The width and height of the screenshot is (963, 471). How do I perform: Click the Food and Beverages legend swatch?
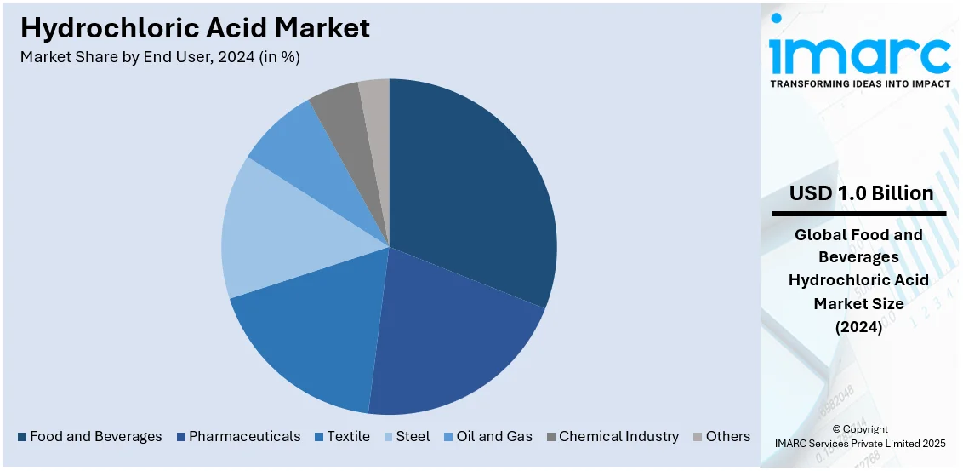(x=21, y=437)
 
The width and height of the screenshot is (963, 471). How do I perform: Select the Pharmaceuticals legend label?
(x=244, y=437)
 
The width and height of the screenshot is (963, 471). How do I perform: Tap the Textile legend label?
(x=348, y=437)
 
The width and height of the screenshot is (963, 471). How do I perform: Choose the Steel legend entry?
(x=413, y=437)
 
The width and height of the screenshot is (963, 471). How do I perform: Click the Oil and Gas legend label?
(x=493, y=437)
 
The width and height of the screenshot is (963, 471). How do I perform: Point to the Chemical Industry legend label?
(x=618, y=437)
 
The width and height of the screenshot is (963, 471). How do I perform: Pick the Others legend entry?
(x=727, y=437)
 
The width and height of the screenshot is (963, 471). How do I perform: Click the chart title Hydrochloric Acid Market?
(x=195, y=28)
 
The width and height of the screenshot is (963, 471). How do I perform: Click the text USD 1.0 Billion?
(x=861, y=193)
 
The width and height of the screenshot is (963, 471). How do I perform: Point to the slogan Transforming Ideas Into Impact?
(x=860, y=83)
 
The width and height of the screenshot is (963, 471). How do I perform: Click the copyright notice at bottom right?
(x=860, y=436)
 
